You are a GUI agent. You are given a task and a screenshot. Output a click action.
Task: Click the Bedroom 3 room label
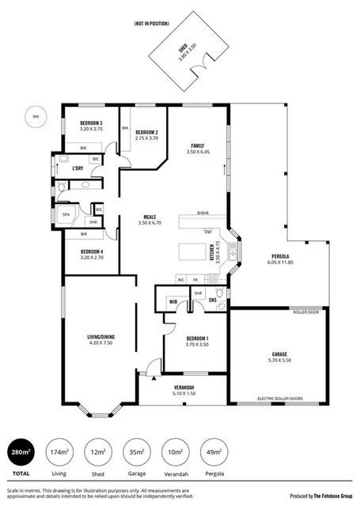[x=91, y=123]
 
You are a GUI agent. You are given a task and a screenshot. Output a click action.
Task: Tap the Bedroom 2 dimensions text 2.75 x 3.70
[x=147, y=138]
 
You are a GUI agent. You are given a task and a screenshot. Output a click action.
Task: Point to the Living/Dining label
[x=102, y=338]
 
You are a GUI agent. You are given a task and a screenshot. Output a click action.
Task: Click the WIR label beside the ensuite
[x=172, y=300]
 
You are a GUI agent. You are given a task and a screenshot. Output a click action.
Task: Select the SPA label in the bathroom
[x=66, y=213]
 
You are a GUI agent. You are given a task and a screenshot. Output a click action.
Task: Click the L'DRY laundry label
[x=78, y=168]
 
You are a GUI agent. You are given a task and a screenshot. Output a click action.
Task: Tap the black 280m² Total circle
[x=22, y=452]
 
